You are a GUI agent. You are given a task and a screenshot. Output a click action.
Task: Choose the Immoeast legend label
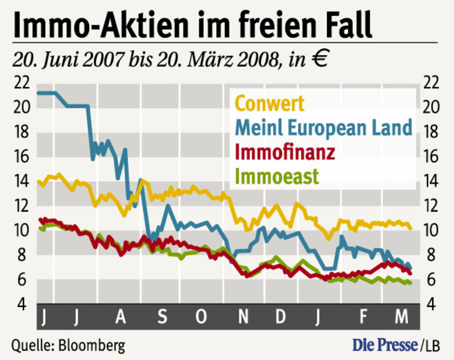coord(279,176)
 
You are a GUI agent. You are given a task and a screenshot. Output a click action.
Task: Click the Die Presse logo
coord(385,345)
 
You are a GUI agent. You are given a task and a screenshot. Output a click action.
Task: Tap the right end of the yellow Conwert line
coord(410,228)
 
